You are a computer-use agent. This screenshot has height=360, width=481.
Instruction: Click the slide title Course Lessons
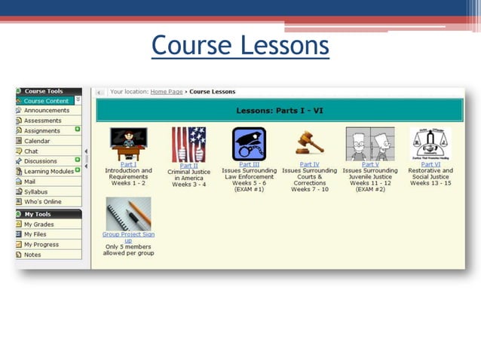coord(240,45)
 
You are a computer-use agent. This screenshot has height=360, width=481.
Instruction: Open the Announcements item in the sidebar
coord(46,111)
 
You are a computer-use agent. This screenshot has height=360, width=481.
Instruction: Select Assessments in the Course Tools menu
coord(42,121)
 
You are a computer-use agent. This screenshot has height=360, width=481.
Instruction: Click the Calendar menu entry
coord(37,141)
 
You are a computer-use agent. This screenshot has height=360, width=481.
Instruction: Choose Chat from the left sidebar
coord(31,151)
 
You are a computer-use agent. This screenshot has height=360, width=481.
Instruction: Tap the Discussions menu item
coord(40,161)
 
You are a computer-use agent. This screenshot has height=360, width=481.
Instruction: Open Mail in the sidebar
coord(29,182)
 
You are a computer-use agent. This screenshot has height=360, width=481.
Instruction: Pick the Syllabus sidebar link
coord(35,192)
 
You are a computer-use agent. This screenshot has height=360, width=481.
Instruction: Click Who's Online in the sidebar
coord(42,202)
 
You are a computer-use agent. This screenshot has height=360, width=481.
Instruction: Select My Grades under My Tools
coord(38,224)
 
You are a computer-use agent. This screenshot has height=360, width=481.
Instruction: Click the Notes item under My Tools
coord(32,255)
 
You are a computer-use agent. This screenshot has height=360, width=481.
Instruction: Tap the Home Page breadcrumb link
coord(167,92)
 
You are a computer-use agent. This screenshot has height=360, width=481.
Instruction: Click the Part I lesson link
coord(128,164)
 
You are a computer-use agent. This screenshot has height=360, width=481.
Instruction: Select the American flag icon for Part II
coord(188,144)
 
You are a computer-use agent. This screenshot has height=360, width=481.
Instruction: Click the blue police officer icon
coord(249,143)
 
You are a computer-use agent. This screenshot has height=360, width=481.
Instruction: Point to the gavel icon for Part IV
coord(309,143)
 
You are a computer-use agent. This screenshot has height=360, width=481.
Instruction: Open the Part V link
coord(370,164)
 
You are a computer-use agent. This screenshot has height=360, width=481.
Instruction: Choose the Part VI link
coord(430,164)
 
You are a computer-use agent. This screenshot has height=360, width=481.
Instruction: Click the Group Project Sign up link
coord(127,237)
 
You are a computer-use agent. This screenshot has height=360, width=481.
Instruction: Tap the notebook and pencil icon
coord(128,213)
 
